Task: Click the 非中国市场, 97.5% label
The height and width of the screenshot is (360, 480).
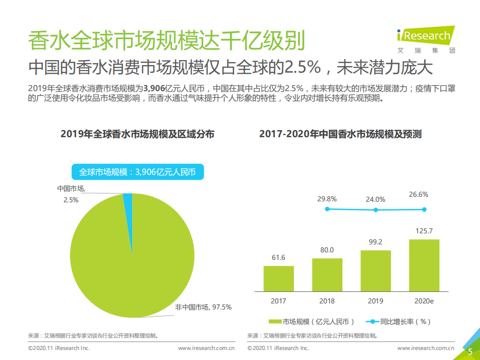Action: coord(203,306)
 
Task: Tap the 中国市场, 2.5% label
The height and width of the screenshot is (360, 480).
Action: coord(71,194)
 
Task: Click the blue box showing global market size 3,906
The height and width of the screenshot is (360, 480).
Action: coord(137,172)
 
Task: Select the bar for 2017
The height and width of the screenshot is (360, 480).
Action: coord(278,278)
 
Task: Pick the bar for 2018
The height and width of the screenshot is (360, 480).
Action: coord(327,274)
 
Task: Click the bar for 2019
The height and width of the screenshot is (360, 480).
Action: coord(375,270)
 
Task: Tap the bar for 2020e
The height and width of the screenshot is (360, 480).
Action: coord(424,265)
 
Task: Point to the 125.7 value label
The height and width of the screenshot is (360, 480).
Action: coord(424,231)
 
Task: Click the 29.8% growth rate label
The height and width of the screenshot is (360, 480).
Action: coord(327,199)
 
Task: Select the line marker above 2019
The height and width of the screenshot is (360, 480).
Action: coord(375,210)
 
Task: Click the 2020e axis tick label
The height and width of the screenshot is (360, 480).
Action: coord(424,301)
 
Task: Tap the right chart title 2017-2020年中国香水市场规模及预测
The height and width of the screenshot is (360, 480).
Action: coord(340,134)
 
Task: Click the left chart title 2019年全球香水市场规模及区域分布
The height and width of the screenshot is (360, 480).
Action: coord(137,134)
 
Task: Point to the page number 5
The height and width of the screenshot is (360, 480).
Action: coord(470,351)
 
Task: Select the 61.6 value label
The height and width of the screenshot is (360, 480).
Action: coord(278,257)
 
